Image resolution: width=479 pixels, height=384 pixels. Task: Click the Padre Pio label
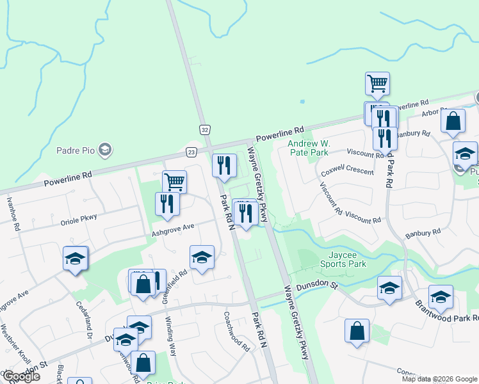(76, 150)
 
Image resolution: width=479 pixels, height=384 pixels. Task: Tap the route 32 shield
(204, 129)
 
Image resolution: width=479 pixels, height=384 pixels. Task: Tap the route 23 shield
(192, 152)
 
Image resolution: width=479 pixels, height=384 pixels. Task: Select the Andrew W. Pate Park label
(307, 148)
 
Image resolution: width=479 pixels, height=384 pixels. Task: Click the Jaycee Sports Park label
(343, 259)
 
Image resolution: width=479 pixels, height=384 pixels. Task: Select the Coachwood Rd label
(236, 331)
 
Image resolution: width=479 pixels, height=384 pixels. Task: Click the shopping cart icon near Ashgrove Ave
(174, 182)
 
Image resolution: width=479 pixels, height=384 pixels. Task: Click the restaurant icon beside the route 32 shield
(224, 166)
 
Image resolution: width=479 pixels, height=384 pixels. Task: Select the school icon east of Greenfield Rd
(202, 257)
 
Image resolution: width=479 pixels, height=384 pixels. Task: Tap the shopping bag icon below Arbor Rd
(453, 121)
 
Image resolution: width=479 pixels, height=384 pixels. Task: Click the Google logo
(20, 376)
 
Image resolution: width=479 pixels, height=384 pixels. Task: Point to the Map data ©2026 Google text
(439, 379)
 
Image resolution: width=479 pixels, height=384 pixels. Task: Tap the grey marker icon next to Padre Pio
(106, 150)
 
